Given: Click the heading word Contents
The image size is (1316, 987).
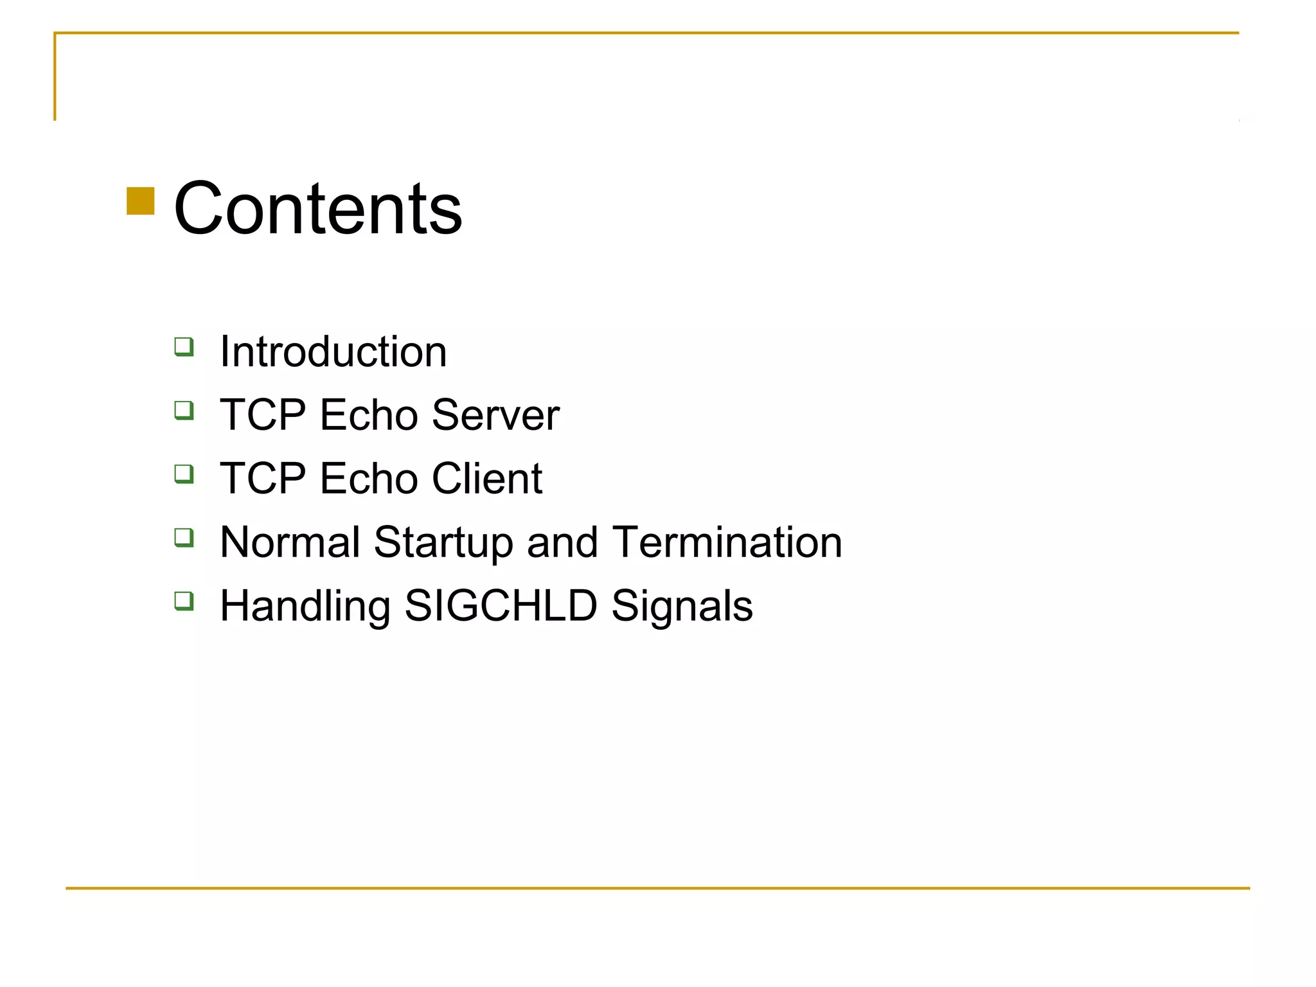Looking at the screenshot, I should (x=317, y=209).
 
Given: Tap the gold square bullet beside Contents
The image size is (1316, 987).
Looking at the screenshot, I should (x=141, y=201).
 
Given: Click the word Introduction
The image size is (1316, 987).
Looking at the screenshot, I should (x=333, y=352).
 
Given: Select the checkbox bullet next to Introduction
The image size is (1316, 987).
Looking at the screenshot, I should (x=184, y=346).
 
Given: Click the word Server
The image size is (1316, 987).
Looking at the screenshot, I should (x=495, y=415).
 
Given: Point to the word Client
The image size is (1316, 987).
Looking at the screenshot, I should (x=487, y=479).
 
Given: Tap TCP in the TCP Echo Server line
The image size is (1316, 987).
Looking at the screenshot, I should (x=263, y=415).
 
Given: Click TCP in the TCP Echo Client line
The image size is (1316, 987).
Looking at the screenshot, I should (x=263, y=479).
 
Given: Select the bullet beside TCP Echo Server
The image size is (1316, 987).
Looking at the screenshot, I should (x=184, y=410).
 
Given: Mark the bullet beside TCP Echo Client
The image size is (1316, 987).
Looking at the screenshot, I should (x=184, y=474).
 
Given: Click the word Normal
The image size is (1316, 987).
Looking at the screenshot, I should (x=290, y=542).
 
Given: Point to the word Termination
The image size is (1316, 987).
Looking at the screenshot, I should (x=727, y=542).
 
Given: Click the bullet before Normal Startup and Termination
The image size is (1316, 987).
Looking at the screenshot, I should (x=184, y=537).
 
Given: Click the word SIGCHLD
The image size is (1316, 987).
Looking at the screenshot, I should (x=501, y=606).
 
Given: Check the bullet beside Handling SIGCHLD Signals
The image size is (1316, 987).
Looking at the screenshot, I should (x=184, y=601).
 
